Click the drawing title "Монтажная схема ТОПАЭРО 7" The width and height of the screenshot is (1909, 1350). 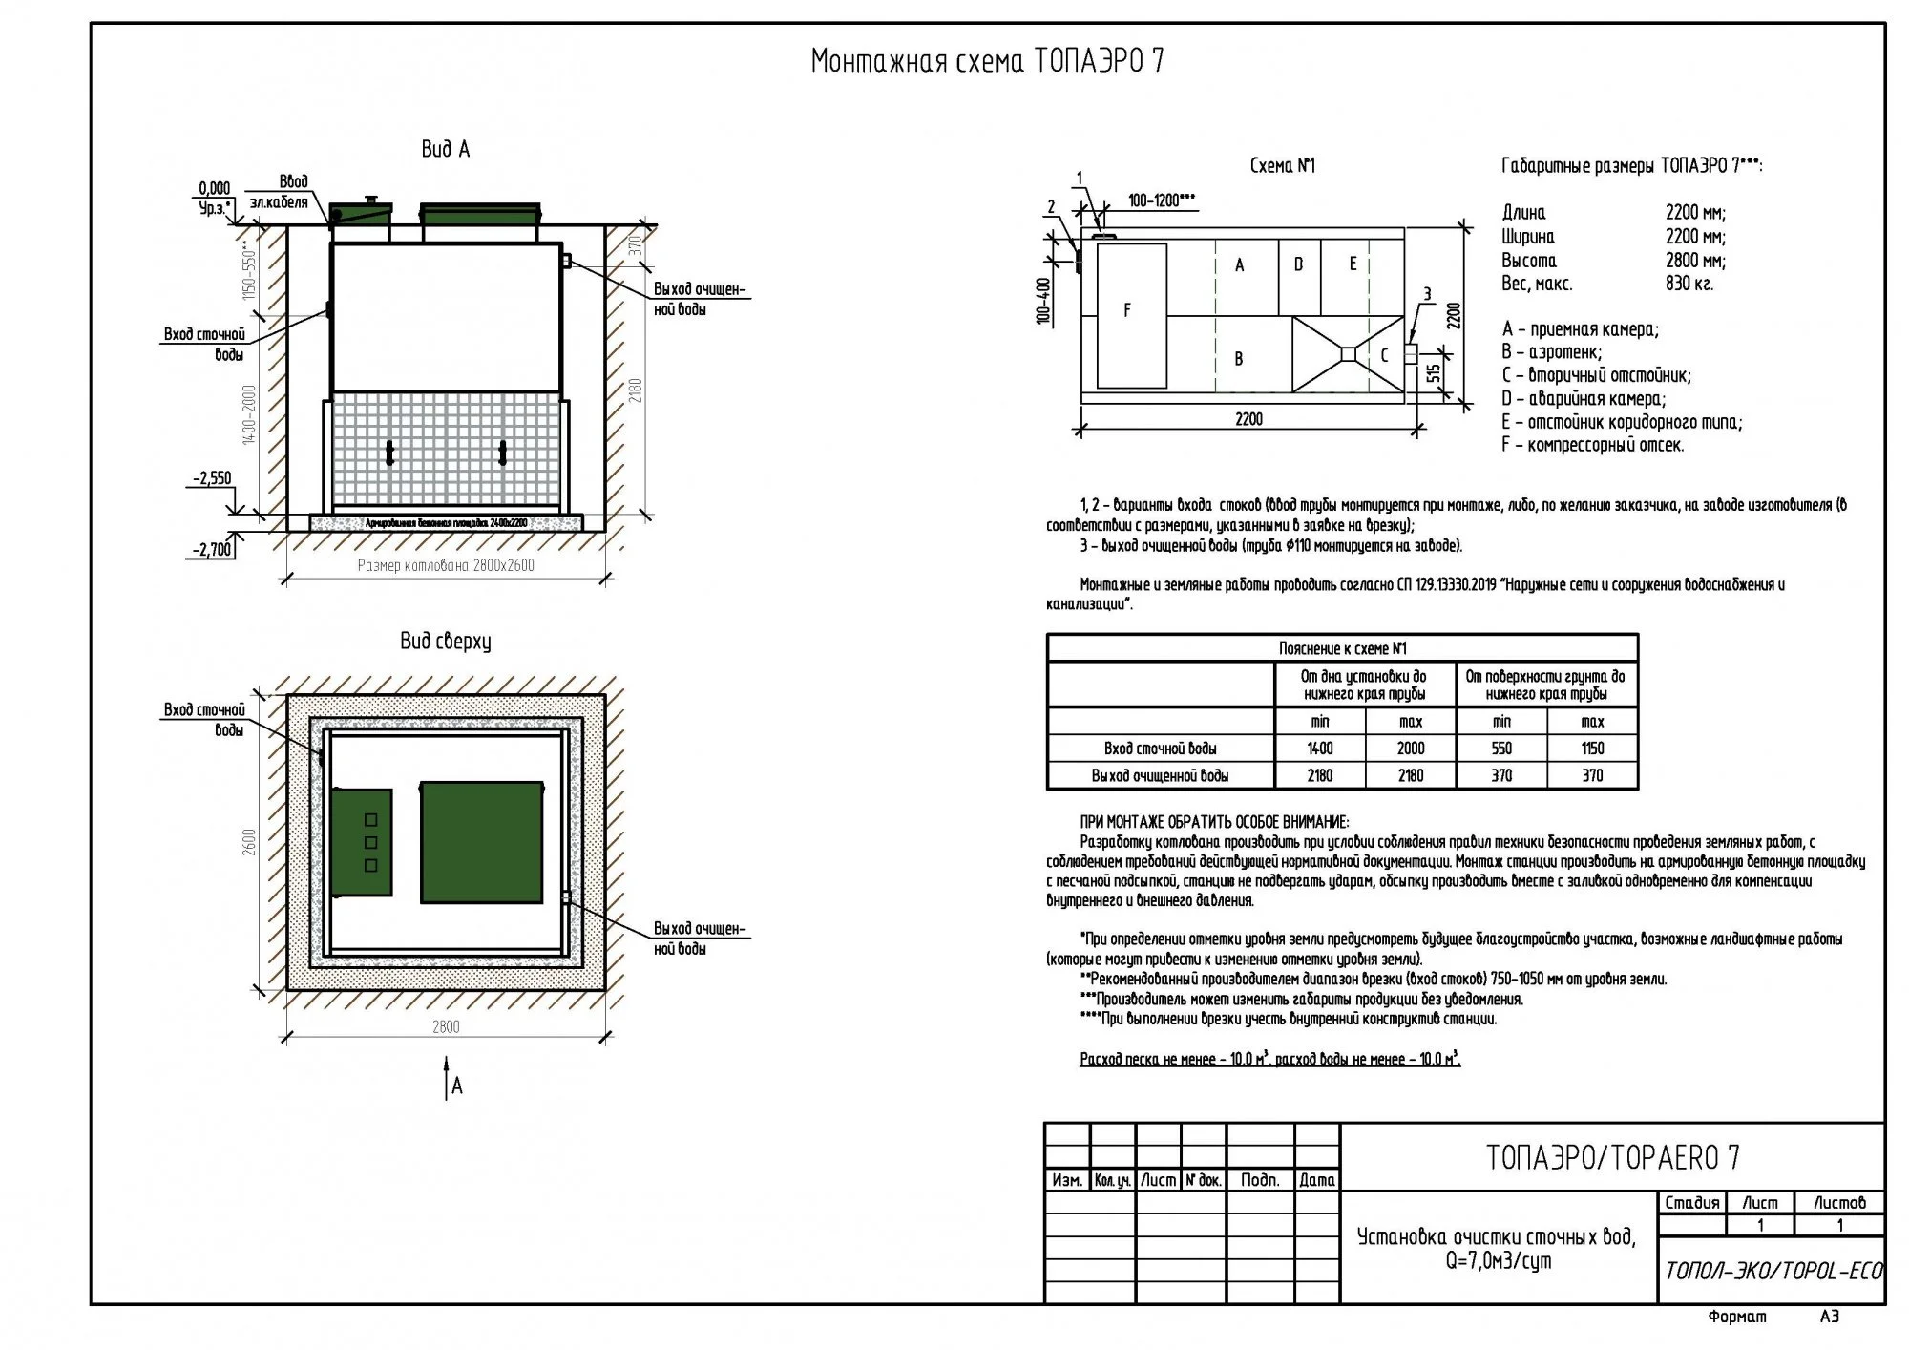(x=987, y=62)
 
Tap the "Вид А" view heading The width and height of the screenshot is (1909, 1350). (x=445, y=150)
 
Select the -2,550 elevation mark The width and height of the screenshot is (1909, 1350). (x=214, y=478)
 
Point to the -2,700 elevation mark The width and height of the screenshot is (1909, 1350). (x=213, y=550)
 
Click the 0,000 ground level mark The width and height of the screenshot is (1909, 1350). (x=215, y=189)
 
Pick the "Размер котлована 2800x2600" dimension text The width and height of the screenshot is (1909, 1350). (x=446, y=565)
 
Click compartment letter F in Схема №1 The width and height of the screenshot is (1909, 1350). (x=1127, y=310)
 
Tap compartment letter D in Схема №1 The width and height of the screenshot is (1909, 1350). (x=1298, y=264)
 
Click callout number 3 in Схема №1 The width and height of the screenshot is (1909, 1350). (x=1427, y=293)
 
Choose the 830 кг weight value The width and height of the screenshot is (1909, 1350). (x=1689, y=284)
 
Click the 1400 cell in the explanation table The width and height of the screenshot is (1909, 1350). (x=1320, y=749)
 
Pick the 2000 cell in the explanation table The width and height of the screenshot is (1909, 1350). (x=1411, y=749)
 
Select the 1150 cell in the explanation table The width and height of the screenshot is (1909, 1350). (x=1592, y=749)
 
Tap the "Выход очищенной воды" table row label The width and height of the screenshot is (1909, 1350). (x=1160, y=775)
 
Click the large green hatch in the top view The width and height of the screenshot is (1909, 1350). (x=482, y=842)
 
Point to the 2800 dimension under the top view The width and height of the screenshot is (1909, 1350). (x=446, y=1027)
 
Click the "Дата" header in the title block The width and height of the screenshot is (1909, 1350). (x=1317, y=1180)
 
